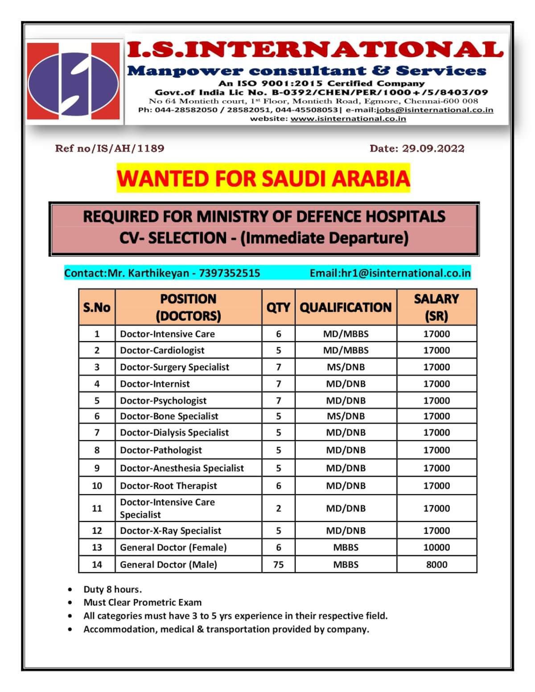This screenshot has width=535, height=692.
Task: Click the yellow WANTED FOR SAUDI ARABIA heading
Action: (263, 178)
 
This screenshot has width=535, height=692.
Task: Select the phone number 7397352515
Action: (229, 273)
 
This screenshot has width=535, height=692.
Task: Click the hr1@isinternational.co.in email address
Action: (405, 273)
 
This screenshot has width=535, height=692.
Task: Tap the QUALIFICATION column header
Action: (346, 307)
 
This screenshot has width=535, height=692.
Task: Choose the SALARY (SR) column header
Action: (436, 307)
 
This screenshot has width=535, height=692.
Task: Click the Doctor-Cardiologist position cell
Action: (162, 350)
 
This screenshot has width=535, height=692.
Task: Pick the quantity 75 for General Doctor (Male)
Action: (278, 565)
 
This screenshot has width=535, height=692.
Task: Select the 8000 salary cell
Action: (436, 565)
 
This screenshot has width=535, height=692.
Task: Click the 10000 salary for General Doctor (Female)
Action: (436, 547)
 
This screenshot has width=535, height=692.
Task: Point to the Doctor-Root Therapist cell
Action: (169, 486)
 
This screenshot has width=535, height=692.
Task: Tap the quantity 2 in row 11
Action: (278, 508)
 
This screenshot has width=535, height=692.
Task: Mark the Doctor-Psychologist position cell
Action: (163, 401)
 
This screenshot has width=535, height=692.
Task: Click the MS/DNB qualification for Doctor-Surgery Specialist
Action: (346, 367)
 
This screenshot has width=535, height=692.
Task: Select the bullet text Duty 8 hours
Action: (112, 590)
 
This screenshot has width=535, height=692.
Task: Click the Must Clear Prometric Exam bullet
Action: (143, 602)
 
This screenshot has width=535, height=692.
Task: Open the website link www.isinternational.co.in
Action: (348, 119)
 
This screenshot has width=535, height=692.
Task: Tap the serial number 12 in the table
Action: (97, 531)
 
